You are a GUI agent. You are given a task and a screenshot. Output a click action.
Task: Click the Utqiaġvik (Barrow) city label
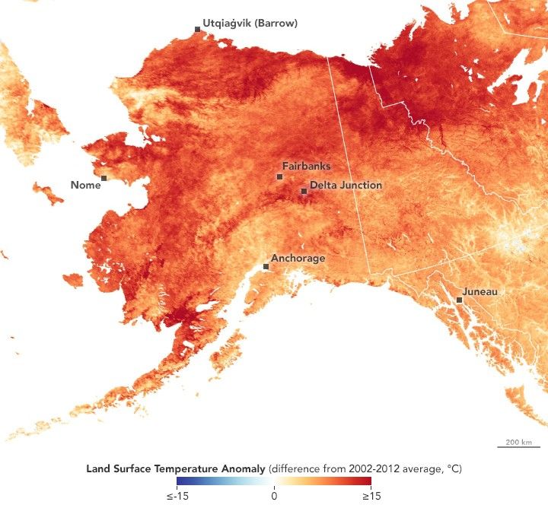point(250,24)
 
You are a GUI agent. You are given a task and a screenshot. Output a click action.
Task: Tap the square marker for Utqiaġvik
point(197,29)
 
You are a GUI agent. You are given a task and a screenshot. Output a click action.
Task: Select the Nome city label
point(84,185)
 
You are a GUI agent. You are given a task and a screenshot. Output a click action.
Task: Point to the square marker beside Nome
point(104,178)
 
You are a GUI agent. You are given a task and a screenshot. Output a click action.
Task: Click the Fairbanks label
point(306,166)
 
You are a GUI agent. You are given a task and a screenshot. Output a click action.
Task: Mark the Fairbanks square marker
point(279,176)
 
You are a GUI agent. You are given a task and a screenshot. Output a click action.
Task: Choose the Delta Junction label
point(346,185)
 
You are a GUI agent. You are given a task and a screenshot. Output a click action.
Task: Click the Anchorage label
point(298,258)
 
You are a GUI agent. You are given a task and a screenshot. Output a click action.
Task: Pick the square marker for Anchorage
point(265,266)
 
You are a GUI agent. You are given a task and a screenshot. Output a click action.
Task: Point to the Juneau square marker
point(459,300)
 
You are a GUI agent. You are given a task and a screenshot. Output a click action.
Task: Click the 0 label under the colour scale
point(274,496)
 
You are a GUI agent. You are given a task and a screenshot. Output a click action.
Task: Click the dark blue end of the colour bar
point(180,481)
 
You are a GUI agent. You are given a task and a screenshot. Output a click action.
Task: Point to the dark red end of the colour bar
point(368,481)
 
